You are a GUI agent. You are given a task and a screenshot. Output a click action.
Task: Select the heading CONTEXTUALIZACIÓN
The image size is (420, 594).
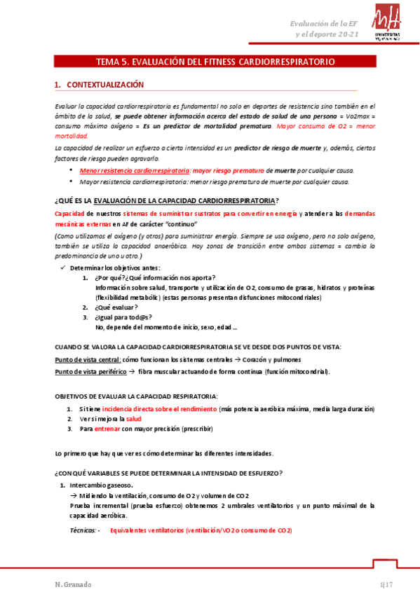click(104, 85)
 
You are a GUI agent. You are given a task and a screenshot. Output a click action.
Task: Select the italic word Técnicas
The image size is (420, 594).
click(83, 530)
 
